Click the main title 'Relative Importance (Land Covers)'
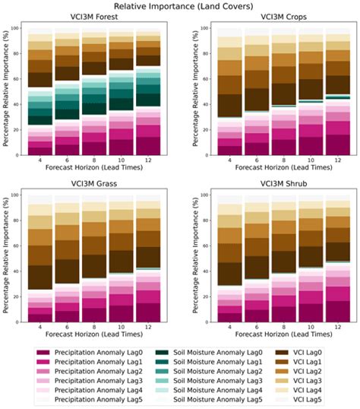[180, 7]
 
